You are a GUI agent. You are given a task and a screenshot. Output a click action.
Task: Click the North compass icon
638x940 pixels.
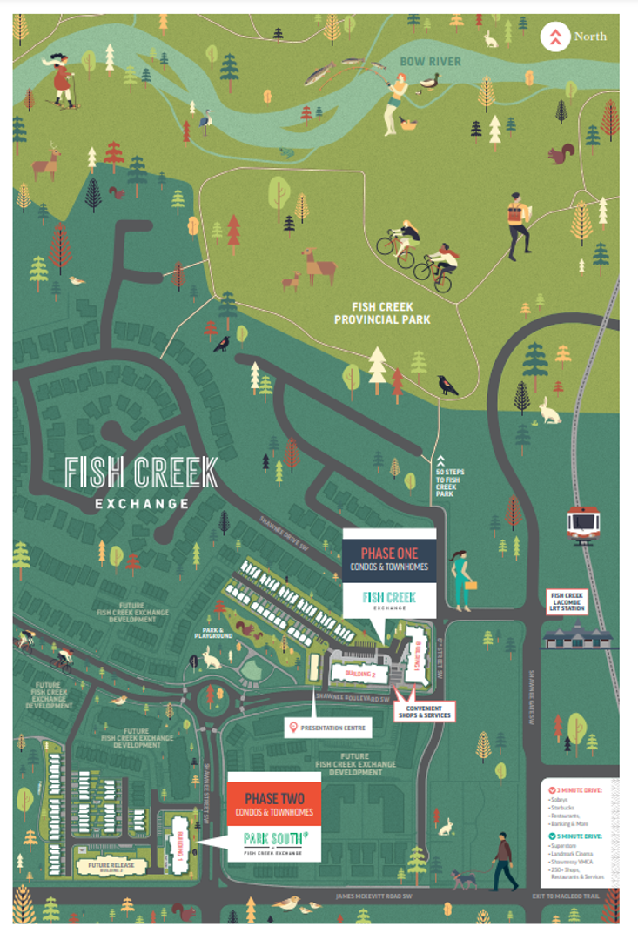(x=554, y=37)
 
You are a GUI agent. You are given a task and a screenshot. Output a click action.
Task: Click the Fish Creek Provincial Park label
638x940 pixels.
(x=391, y=313)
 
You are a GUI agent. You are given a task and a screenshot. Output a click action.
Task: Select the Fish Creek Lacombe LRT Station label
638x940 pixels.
(x=565, y=602)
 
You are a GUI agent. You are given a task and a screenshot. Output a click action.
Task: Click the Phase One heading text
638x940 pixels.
(x=390, y=554)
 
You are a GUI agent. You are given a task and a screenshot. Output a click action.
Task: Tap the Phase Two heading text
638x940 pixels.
(x=273, y=799)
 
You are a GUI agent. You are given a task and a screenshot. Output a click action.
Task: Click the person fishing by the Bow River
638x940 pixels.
(x=396, y=100)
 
